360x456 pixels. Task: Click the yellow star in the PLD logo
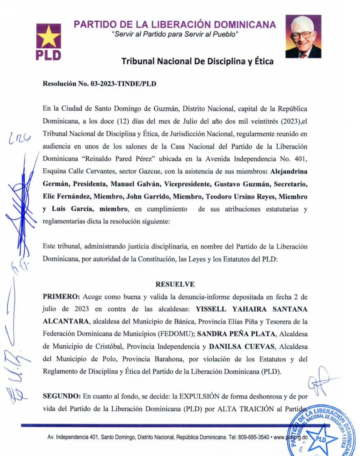[48, 36]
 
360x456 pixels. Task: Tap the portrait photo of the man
[303, 36]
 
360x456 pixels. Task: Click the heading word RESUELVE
[175, 284]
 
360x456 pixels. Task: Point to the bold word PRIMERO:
[61, 297]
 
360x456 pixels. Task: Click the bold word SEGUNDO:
[62, 396]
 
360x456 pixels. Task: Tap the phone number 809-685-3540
[253, 437]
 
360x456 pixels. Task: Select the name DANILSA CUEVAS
[242, 346]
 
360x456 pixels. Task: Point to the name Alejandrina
[289, 171]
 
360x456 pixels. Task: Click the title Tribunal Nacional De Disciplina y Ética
[197, 61]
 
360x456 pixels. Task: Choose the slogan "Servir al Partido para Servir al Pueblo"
[175, 34]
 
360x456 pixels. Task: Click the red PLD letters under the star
[48, 55]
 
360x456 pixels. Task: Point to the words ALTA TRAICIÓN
[245, 409]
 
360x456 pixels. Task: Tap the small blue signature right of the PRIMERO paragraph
[320, 381]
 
